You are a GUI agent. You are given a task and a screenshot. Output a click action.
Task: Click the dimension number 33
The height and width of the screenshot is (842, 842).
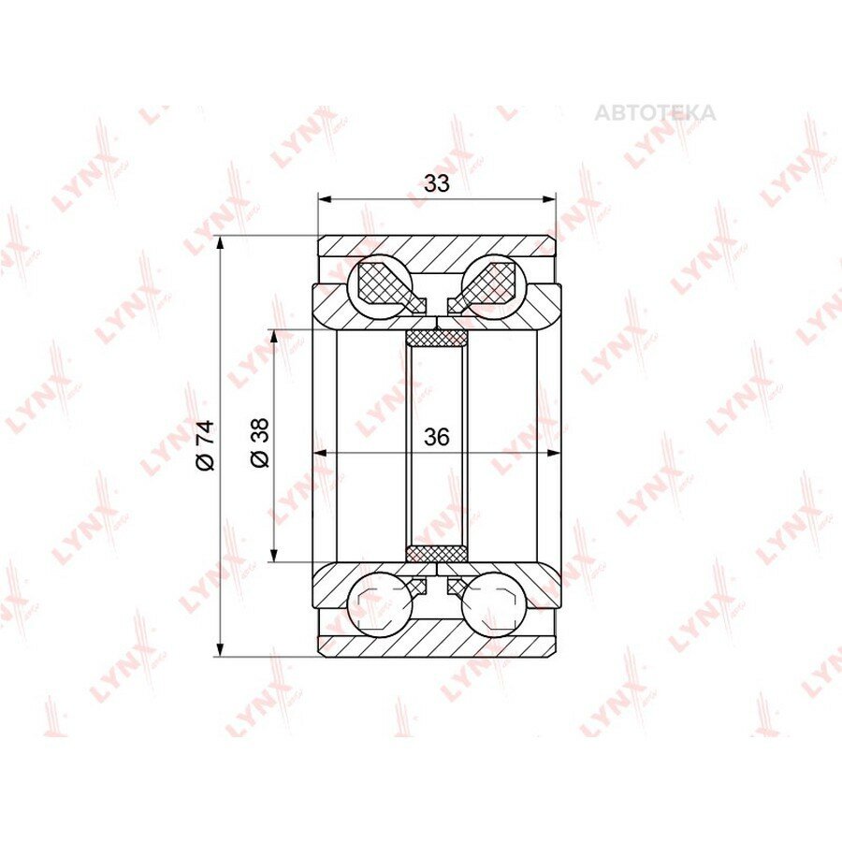click(437, 183)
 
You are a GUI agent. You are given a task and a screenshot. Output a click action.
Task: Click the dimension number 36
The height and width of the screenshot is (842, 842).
click(437, 437)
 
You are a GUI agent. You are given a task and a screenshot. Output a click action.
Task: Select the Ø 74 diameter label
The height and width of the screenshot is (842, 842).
click(206, 445)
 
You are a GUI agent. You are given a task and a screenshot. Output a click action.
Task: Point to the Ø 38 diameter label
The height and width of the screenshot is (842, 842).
click(260, 443)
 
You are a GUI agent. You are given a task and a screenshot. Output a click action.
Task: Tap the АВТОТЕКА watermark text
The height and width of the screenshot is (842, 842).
click(655, 113)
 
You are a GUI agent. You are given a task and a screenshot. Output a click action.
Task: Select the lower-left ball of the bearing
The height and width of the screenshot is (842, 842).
click(380, 604)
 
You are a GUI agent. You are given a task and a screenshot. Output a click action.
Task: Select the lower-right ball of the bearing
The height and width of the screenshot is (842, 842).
click(494, 604)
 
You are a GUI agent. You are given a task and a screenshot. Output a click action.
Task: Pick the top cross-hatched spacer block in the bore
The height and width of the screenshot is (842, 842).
click(437, 338)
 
